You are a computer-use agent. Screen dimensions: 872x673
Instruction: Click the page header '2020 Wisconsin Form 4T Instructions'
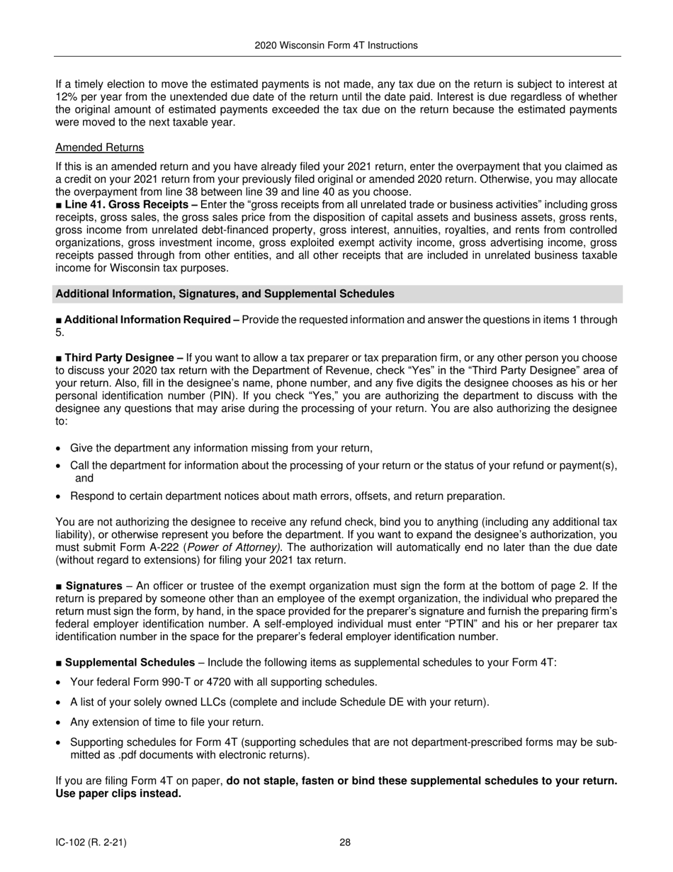pyautogui.click(x=336, y=45)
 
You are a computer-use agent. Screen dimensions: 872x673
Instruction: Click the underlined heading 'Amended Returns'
pyautogui.click(x=99, y=147)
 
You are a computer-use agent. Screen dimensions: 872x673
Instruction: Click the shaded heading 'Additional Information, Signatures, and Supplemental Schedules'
pyautogui.click(x=225, y=294)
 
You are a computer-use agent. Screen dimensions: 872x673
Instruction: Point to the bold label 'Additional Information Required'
pyautogui.click(x=147, y=320)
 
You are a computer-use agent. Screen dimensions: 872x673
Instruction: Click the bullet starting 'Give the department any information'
pyautogui.click(x=221, y=448)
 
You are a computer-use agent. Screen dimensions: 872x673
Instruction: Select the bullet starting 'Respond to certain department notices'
pyautogui.click(x=287, y=496)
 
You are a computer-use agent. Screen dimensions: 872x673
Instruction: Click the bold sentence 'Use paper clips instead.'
pyautogui.click(x=118, y=793)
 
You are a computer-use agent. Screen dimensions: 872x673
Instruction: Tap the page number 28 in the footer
pyautogui.click(x=345, y=843)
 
